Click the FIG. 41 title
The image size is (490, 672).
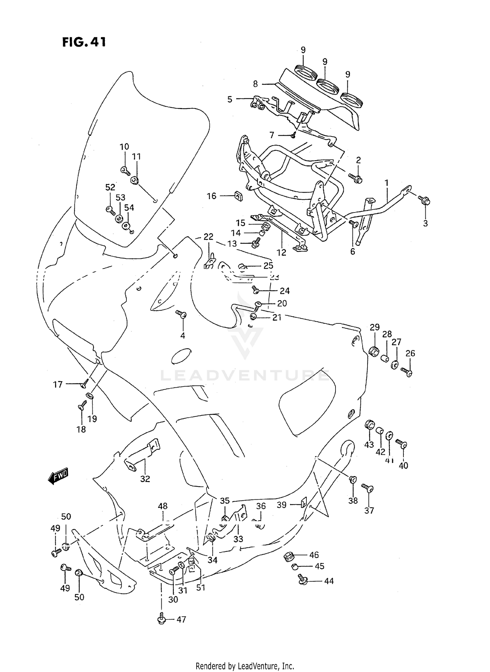84,42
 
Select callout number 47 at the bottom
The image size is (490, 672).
181,619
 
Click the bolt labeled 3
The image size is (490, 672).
425,200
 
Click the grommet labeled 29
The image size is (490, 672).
373,351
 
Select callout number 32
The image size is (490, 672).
145,479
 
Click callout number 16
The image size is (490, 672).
212,196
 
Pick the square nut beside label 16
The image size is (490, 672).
238,196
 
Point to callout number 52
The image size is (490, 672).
110,187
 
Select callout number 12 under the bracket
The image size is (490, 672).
281,252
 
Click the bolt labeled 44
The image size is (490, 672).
302,580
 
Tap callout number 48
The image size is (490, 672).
162,506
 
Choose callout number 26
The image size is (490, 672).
410,353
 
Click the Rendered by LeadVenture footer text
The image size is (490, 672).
245,665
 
